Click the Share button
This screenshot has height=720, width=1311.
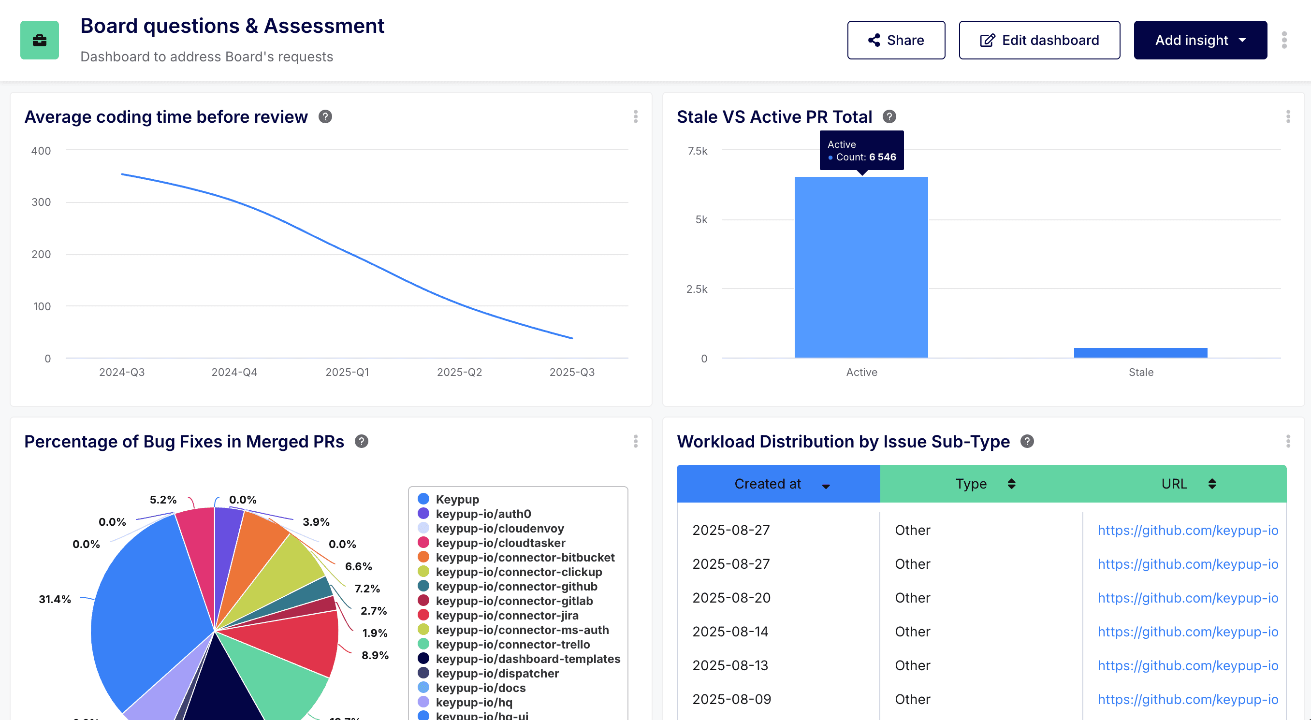(x=896, y=40)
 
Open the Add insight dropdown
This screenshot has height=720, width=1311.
(x=1200, y=40)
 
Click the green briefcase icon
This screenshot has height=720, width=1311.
(x=39, y=40)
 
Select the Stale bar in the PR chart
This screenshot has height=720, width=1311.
(x=1140, y=353)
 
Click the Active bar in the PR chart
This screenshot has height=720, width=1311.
(x=861, y=267)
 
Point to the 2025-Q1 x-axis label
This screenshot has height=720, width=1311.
(x=347, y=372)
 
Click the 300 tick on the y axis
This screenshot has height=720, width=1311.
(x=41, y=202)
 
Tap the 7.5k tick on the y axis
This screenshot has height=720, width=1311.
(x=697, y=151)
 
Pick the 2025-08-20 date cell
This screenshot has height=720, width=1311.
(x=731, y=598)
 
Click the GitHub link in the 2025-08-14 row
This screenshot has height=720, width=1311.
(x=1187, y=632)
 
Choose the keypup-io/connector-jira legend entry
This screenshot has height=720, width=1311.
(x=507, y=615)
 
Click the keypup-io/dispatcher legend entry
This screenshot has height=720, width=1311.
(x=497, y=673)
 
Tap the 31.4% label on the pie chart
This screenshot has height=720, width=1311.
(x=55, y=599)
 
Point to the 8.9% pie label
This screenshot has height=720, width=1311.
(x=375, y=655)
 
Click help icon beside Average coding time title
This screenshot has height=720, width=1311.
(x=325, y=116)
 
